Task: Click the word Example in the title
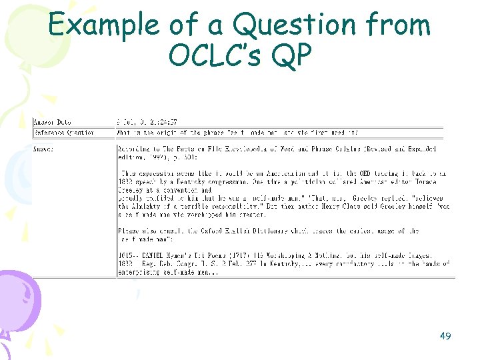pyautogui.click(x=103, y=25)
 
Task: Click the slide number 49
pyautogui.click(x=445, y=336)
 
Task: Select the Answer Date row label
pyautogui.click(x=53, y=122)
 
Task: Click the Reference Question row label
pyautogui.click(x=63, y=132)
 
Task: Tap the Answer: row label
pyautogui.click(x=44, y=148)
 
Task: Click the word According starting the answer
pyautogui.click(x=131, y=148)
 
